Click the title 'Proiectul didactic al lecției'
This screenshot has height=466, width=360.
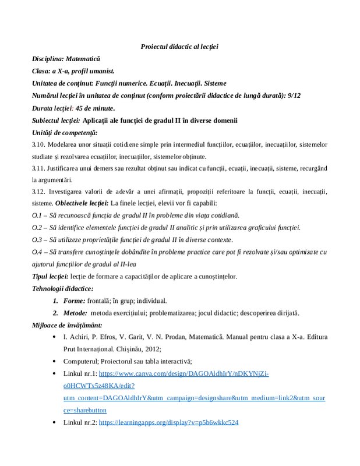(179, 46)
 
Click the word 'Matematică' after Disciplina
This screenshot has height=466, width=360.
(83, 59)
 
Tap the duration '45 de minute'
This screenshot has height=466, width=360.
(96, 108)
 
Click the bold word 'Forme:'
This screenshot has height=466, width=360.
(73, 301)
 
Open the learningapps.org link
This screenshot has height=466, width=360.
(168, 422)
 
